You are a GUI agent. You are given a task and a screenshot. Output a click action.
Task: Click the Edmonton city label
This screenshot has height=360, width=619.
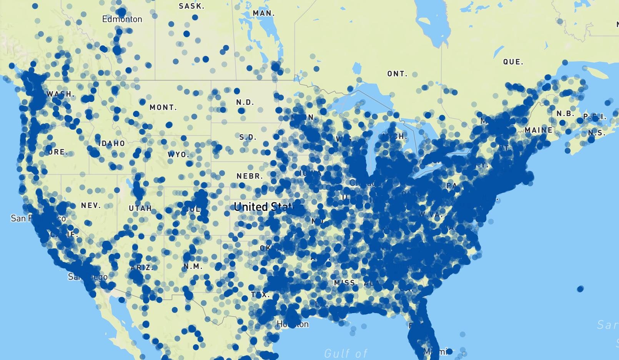(x=122, y=19)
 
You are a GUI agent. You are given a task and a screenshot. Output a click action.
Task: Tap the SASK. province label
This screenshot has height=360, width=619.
(x=191, y=6)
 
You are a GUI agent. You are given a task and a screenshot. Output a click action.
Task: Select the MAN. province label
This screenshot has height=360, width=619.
(x=264, y=13)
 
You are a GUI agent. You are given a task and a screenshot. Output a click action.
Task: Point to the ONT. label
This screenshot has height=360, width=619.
(x=397, y=73)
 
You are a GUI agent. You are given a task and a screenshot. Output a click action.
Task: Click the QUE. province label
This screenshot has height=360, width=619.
(x=513, y=62)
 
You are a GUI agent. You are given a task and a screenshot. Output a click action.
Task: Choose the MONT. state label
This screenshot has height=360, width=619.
(x=163, y=107)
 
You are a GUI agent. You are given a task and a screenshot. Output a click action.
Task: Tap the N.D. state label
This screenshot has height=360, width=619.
(x=245, y=102)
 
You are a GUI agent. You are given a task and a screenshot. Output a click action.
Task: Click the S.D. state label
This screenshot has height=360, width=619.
(x=248, y=137)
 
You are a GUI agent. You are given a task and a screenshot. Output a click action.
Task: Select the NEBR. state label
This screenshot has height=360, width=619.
(x=250, y=176)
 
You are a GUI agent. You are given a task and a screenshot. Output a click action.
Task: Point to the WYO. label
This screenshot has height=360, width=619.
(x=178, y=155)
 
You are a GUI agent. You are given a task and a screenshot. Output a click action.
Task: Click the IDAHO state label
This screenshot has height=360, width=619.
(x=112, y=143)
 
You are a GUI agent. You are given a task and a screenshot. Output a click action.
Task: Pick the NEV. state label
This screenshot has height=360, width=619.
(x=91, y=206)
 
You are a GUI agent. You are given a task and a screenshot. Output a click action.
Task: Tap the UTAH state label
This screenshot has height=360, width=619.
(x=140, y=208)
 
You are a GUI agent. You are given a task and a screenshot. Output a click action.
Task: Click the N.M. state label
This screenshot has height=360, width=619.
(x=193, y=266)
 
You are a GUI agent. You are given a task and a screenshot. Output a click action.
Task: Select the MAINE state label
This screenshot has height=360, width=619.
(x=538, y=130)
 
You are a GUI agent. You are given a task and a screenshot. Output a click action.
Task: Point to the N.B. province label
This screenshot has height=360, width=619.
(x=565, y=114)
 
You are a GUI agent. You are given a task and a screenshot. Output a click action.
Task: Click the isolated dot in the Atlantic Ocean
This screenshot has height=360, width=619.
(x=580, y=289)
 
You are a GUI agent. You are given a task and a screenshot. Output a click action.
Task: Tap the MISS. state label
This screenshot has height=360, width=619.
(x=344, y=283)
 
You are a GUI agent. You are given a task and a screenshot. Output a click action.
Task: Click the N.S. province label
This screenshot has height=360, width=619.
(x=597, y=133)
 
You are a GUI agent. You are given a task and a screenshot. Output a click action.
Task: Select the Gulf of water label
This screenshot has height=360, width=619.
(x=346, y=353)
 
